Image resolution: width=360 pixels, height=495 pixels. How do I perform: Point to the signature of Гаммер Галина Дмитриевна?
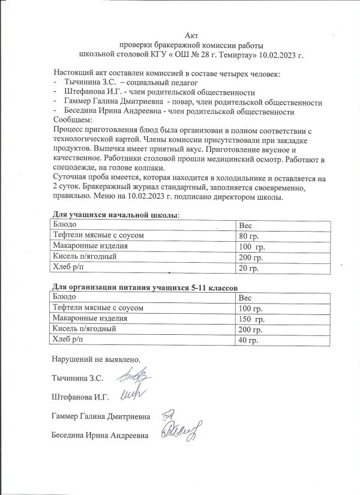pos(169,414)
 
